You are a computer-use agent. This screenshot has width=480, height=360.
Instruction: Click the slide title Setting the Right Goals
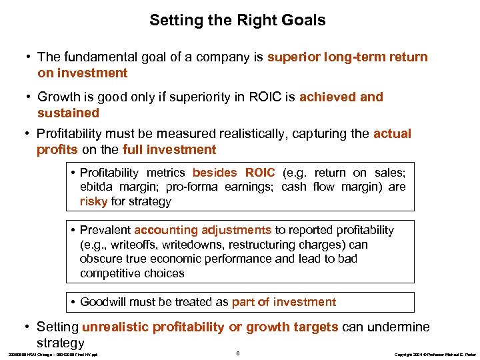237,20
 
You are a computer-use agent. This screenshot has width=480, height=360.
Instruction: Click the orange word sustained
68,113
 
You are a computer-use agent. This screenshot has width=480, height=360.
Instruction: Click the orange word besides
216,173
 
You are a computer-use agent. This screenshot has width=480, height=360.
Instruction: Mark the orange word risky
93,201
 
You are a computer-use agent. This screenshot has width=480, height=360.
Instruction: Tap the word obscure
101,259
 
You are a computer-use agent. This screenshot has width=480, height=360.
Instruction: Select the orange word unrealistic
115,327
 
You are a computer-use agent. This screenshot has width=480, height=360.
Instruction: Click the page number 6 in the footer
238,352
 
